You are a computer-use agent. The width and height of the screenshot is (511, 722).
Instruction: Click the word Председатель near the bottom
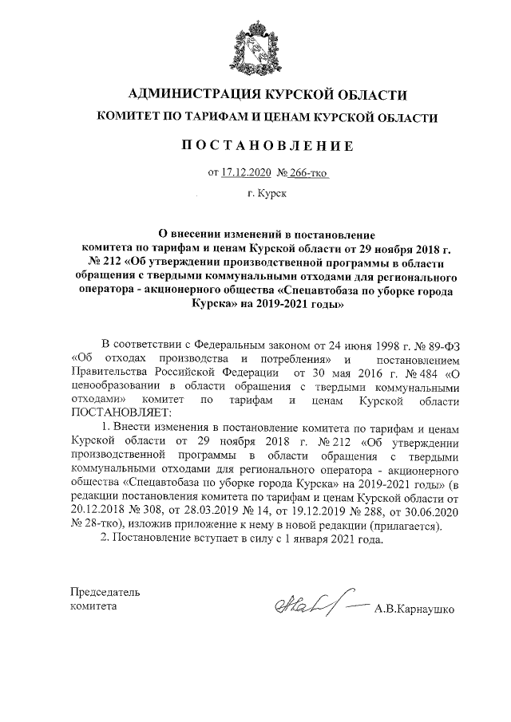coord(105,593)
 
